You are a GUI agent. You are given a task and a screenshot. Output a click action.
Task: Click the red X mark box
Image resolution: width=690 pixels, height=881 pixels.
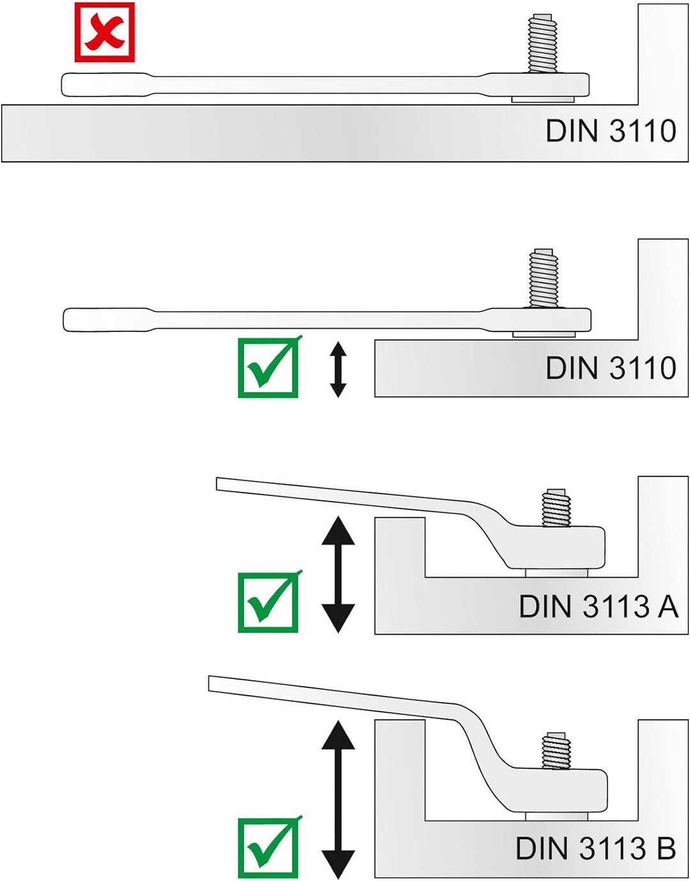104,32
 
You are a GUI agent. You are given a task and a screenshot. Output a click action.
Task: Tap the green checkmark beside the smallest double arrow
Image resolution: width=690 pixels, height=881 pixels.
268,368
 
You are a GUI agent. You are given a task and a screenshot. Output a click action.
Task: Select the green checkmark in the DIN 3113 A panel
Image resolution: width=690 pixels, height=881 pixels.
268,602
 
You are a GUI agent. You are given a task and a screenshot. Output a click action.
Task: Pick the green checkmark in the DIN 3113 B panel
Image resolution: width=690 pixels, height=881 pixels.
268,847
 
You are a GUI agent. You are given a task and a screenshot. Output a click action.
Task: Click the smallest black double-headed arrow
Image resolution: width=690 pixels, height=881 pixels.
338,370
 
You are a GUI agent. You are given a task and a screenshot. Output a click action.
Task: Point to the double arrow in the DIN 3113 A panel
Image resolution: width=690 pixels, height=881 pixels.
338,574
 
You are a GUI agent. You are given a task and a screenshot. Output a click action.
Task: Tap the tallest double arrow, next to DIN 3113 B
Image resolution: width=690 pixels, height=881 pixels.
338,799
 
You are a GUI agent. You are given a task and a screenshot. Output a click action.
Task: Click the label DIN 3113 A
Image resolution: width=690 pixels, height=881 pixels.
598,607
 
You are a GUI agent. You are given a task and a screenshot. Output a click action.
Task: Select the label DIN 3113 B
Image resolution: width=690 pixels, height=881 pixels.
595,849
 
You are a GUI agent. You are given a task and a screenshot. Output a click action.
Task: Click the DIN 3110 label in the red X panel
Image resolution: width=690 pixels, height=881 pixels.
610,131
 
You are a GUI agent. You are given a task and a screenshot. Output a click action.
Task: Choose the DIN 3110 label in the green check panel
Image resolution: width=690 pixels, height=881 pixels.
610,368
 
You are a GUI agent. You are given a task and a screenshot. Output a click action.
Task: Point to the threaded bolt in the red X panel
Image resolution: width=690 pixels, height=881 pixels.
542,43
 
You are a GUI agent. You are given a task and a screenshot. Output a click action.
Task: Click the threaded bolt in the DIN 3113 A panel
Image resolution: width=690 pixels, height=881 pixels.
556,508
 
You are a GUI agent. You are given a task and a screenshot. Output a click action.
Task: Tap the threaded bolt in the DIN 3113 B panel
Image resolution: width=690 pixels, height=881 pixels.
556,750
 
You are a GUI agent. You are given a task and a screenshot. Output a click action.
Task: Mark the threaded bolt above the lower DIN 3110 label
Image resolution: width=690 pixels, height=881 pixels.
544,278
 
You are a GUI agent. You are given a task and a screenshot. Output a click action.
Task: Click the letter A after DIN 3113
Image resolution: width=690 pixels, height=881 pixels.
668,607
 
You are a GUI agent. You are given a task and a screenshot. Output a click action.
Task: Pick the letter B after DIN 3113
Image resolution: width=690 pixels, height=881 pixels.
666,849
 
